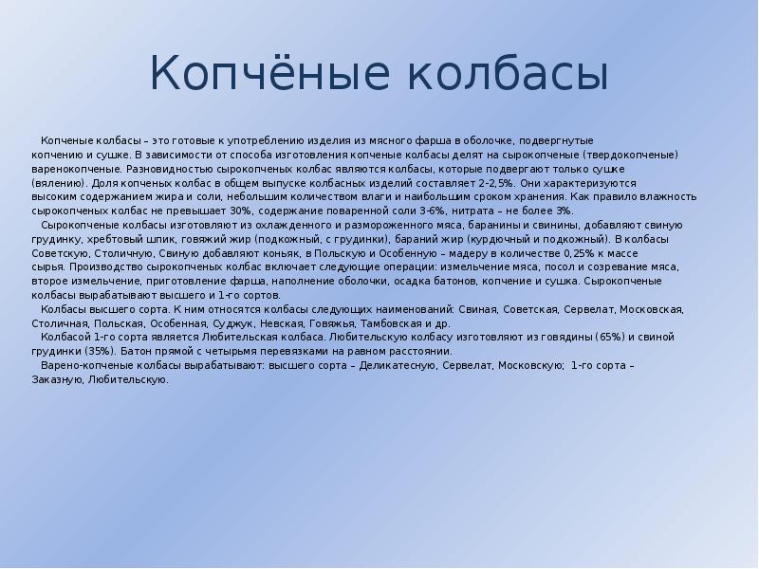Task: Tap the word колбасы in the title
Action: (x=507, y=74)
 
